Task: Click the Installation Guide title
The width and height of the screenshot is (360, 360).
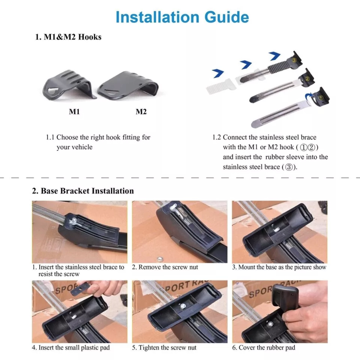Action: point(182,17)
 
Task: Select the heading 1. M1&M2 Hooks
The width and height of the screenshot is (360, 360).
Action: point(68,37)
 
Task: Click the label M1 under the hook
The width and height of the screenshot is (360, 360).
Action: point(74,112)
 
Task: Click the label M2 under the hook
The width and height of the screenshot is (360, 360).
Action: point(141,112)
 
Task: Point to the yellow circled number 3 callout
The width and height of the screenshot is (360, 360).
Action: point(294,60)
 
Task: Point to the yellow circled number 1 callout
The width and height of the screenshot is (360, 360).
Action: point(321,98)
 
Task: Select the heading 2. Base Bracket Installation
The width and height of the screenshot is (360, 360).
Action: point(83,191)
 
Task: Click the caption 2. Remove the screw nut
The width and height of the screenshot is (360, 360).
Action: point(165,267)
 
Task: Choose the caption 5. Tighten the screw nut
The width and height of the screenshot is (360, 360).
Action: point(164,348)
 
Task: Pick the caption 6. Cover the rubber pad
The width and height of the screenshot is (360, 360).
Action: point(263,348)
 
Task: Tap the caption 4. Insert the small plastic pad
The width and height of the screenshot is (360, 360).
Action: point(71,348)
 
